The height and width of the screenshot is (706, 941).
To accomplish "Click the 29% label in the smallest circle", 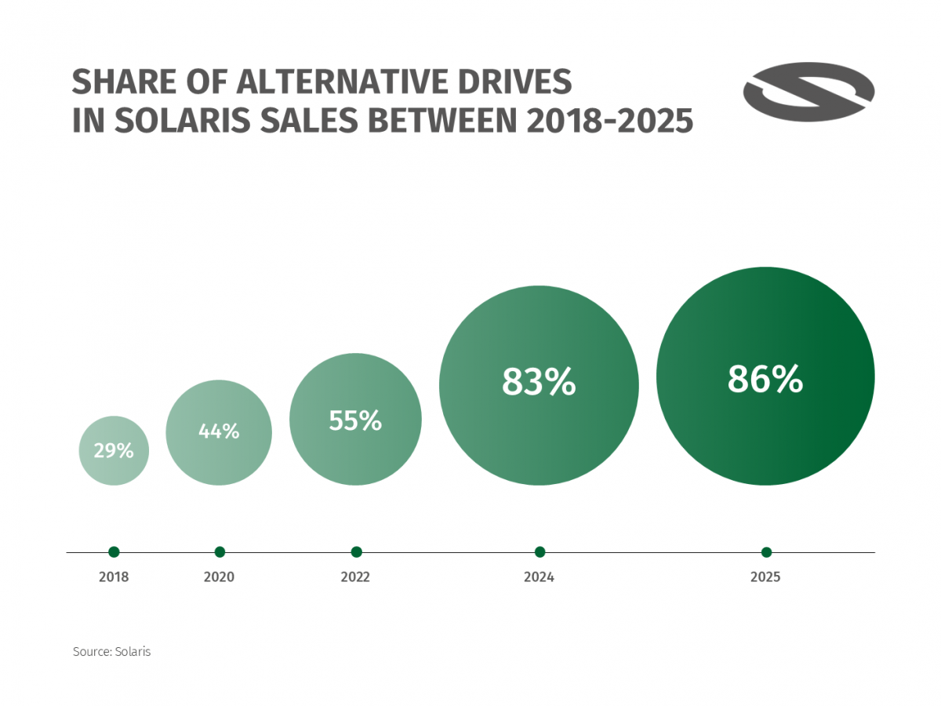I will click(114, 451).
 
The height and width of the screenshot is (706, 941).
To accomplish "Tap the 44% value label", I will click(219, 431).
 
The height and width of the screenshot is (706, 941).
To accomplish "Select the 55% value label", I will click(355, 421).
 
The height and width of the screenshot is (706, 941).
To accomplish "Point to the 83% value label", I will click(539, 382).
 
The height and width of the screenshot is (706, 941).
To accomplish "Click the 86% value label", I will click(765, 379).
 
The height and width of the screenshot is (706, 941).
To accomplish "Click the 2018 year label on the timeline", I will click(114, 577).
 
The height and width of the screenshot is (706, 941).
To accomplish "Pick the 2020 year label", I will click(219, 577).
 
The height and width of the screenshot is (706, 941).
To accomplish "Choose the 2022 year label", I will click(355, 577).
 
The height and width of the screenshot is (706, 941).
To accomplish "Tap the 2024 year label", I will click(539, 577).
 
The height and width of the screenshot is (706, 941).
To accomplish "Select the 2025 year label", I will click(765, 577).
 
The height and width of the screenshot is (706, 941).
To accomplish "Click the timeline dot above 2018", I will click(114, 551).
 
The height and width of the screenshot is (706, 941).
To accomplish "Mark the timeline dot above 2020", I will click(220, 551).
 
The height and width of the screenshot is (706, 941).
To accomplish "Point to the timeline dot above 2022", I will click(356, 551).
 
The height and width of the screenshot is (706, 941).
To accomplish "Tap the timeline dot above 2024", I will click(540, 551).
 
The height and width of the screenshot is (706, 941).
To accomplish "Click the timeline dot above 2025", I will click(766, 551).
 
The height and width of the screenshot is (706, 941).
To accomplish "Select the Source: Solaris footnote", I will click(111, 652).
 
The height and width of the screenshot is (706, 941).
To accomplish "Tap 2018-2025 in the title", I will click(609, 121).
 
